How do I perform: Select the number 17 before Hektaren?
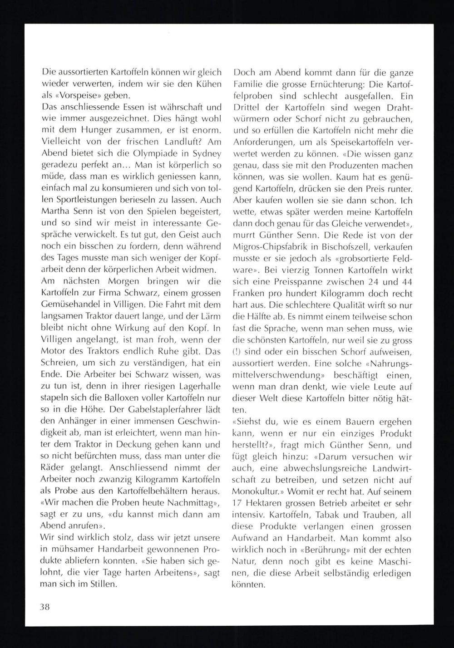click(x=238, y=503)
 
